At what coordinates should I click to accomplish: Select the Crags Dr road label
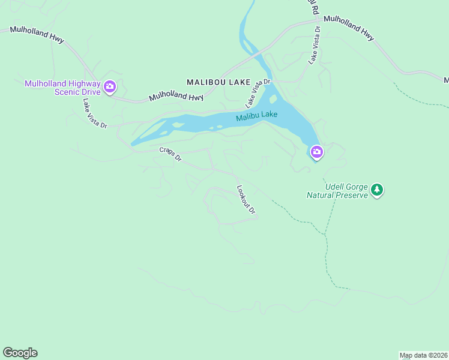pyautogui.click(x=170, y=155)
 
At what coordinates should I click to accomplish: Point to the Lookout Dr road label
pyautogui.click(x=246, y=199)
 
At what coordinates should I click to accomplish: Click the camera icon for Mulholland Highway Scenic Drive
pyautogui.click(x=110, y=87)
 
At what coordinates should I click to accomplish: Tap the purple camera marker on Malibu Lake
pyautogui.click(x=316, y=152)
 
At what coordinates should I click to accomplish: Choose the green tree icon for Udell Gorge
pyautogui.click(x=376, y=190)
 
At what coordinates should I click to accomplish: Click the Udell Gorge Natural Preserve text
pyautogui.click(x=336, y=190)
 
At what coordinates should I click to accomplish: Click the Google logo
pyautogui.click(x=20, y=353)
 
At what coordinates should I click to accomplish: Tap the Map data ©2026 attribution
pyautogui.click(x=423, y=355)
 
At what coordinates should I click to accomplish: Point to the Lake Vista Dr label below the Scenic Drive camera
pyautogui.click(x=94, y=113)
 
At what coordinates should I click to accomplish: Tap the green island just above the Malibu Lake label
pyautogui.click(x=273, y=99)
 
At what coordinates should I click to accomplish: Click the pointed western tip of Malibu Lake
pyautogui.click(x=132, y=144)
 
